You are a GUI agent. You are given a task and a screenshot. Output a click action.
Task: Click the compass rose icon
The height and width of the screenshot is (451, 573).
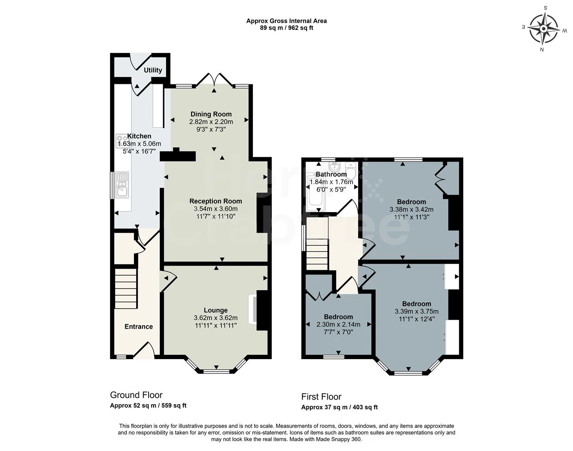(x=544, y=29)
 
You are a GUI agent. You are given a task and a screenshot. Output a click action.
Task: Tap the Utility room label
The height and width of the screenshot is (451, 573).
(x=153, y=70)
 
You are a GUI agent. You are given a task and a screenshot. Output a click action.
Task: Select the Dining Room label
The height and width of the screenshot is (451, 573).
(x=211, y=114)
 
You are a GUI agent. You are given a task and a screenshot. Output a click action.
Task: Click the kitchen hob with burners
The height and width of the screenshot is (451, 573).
(x=122, y=139)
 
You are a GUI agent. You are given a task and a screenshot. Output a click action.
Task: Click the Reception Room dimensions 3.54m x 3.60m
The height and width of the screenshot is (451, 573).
(x=215, y=209)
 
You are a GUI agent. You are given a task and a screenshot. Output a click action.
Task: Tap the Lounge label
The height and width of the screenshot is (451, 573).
(x=215, y=310)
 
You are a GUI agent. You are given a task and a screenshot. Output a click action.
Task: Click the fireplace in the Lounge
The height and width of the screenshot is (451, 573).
(x=253, y=309)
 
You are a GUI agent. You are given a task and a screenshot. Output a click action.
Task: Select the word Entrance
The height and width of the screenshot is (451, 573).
(x=139, y=327)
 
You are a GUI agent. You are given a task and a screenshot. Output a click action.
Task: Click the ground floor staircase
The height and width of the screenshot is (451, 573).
(x=126, y=288)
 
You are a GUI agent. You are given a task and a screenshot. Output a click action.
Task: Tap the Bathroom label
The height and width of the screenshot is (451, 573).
(x=331, y=174)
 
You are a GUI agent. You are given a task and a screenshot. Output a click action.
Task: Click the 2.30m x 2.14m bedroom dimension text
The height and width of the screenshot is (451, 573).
(x=338, y=324)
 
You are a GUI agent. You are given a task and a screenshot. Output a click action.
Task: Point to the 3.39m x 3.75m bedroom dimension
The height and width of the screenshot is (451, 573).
(x=416, y=312)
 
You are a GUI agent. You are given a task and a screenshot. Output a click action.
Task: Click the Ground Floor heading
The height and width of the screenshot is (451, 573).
(x=136, y=395)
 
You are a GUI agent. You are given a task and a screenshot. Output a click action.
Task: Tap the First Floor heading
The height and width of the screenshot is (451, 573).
(x=321, y=397)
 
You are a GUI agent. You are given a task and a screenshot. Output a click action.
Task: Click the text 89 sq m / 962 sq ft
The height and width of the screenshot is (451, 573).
(x=286, y=28)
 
